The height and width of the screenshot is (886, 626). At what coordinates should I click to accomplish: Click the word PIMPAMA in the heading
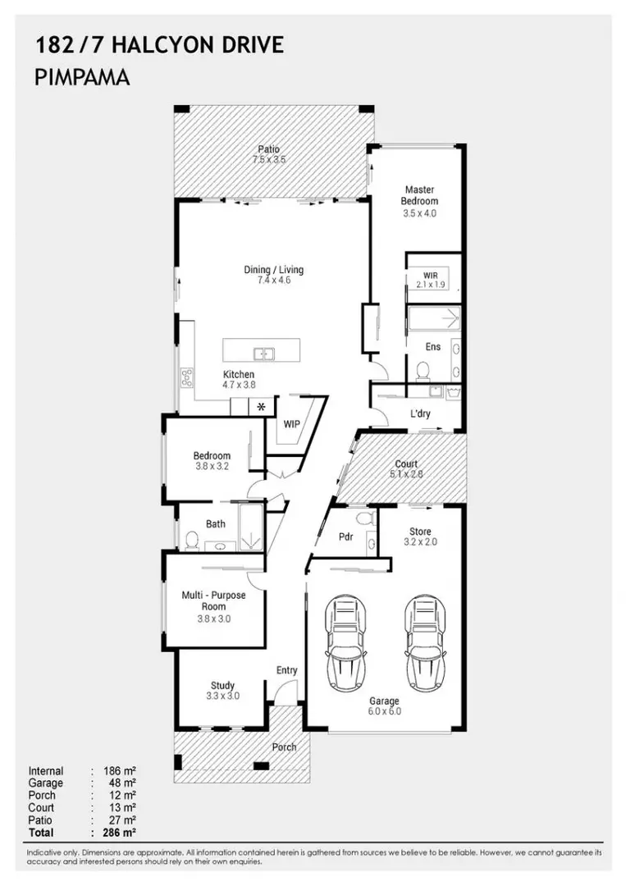coord(83,77)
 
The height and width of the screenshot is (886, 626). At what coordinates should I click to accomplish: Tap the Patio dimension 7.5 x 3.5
coord(269,159)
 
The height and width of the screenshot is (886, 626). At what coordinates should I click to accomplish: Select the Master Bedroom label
coord(419,195)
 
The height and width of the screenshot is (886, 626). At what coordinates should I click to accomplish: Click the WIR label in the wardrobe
coord(431,276)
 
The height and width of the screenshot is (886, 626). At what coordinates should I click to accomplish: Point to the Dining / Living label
coord(273,270)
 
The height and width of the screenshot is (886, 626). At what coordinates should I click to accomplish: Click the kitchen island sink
coord(264,354)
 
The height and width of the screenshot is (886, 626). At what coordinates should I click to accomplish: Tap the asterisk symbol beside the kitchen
coord(261,406)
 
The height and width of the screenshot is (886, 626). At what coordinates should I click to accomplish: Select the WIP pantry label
coord(291,424)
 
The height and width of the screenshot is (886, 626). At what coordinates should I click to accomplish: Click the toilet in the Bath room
coord(192,540)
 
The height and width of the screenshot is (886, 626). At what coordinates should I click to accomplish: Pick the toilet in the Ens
coord(422,371)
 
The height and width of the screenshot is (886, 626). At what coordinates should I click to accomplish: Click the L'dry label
coord(420,413)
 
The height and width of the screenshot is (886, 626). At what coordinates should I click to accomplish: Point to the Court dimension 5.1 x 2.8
coord(406,474)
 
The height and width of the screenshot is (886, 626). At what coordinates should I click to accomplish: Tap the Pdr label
coord(345,537)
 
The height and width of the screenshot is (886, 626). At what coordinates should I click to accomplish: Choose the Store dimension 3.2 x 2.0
coord(420,542)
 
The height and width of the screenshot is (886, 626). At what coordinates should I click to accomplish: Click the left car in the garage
coord(345,642)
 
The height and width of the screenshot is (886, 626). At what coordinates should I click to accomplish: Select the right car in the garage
coord(426,642)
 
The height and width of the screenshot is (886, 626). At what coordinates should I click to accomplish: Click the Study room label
coord(222,686)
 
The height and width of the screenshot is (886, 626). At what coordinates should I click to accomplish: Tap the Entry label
coord(286,670)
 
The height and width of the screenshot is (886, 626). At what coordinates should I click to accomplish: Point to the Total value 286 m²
coord(120,833)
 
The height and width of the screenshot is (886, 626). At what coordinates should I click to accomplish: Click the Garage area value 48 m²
coord(122,783)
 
